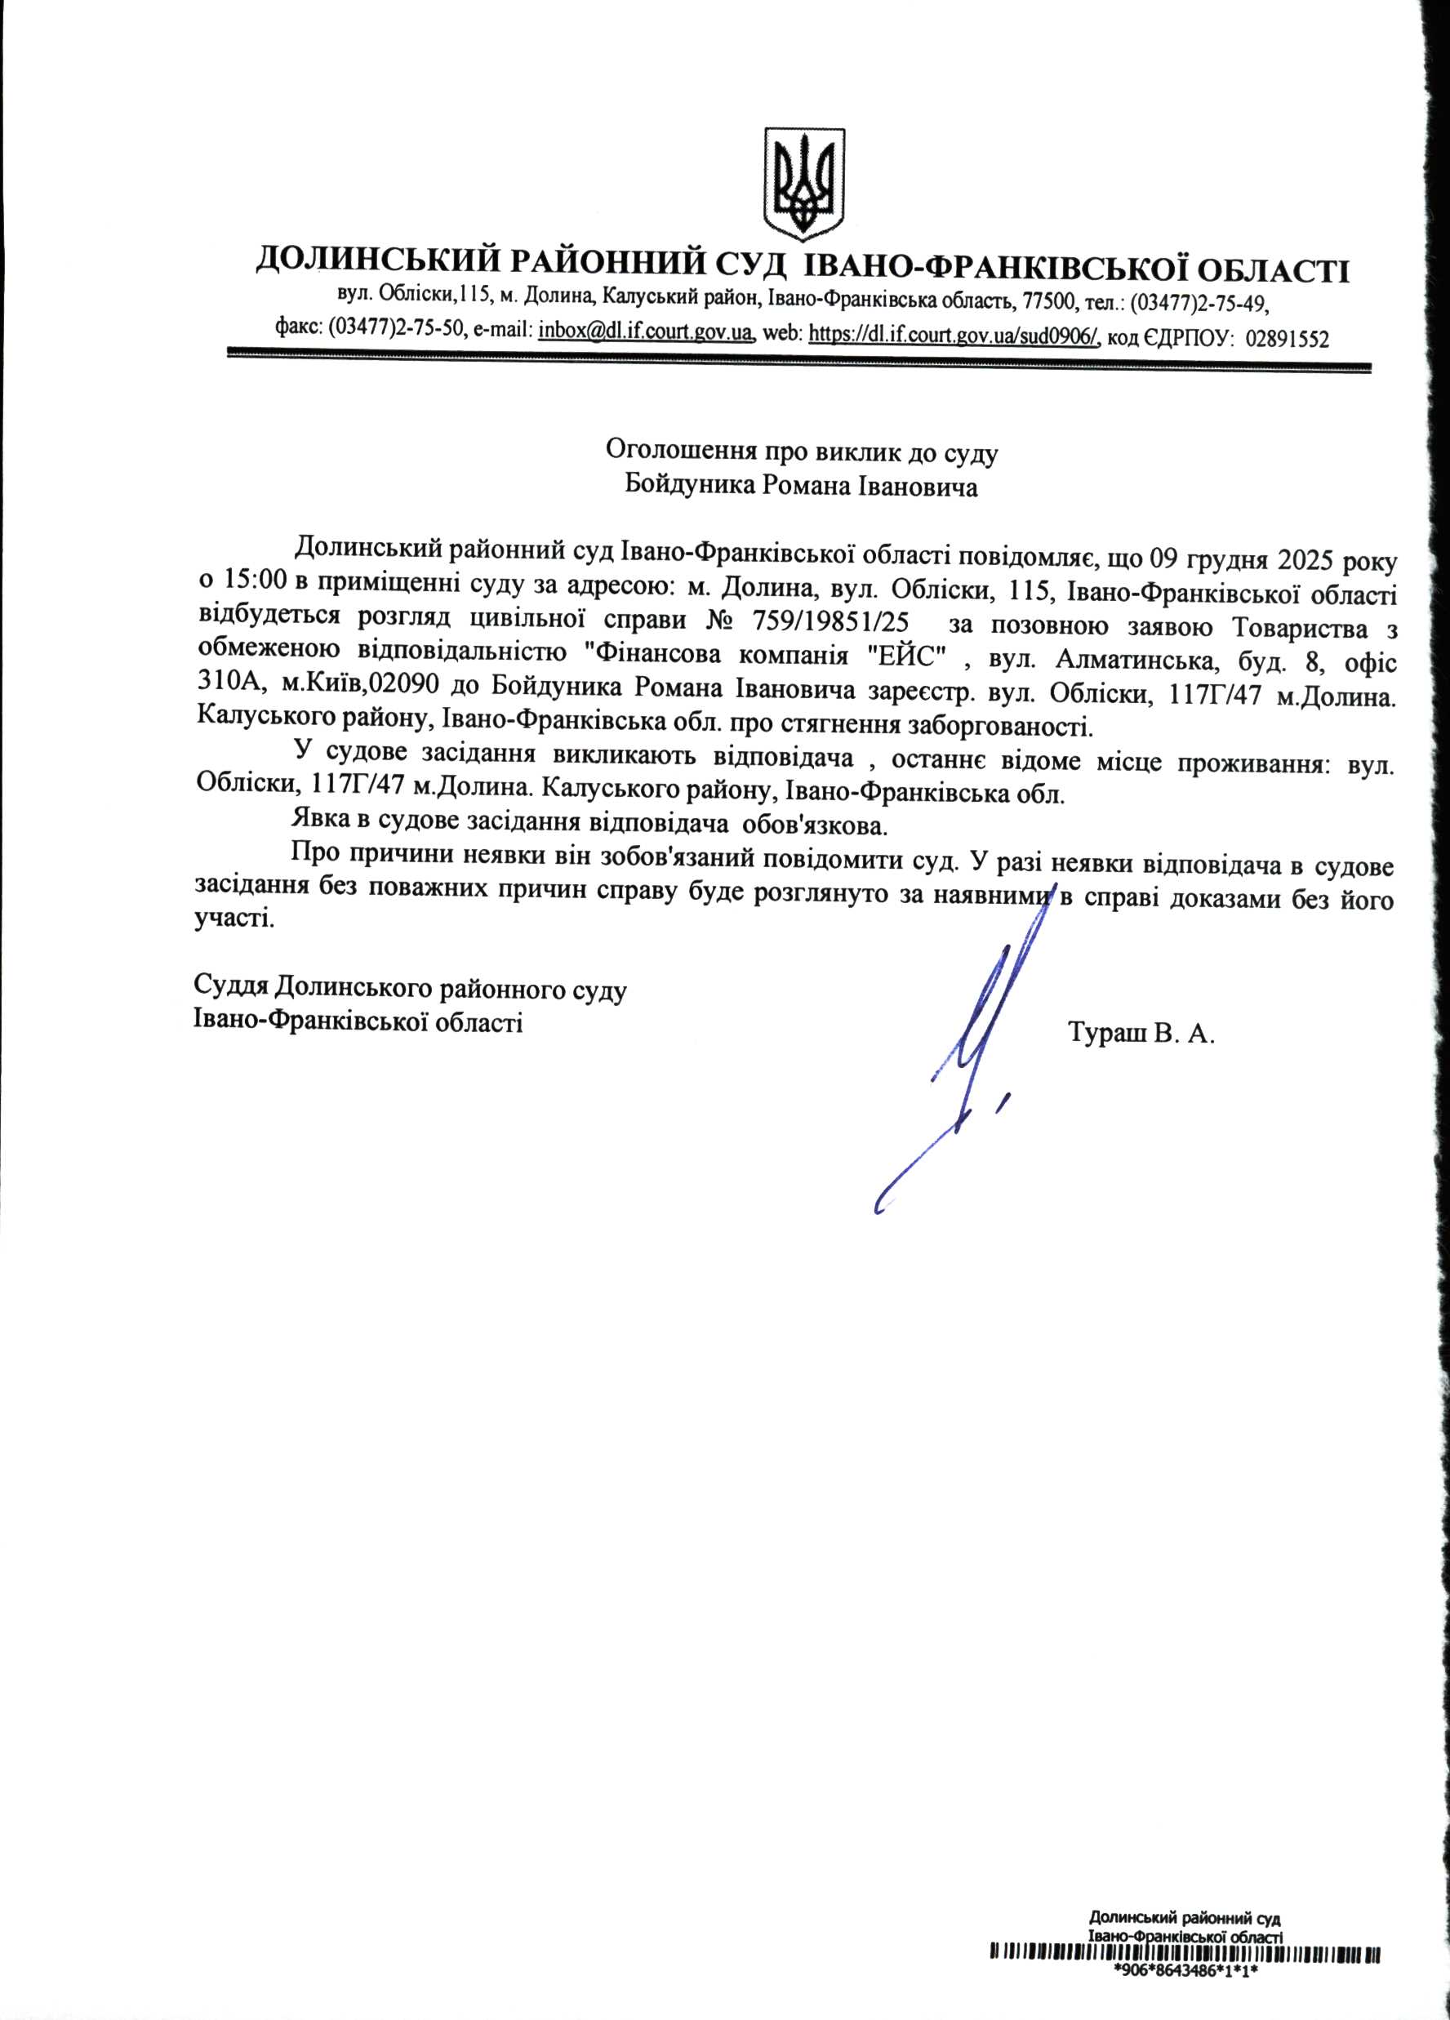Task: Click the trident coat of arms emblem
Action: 804,184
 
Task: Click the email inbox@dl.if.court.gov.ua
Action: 647,333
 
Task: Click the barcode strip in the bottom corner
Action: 1185,1980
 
